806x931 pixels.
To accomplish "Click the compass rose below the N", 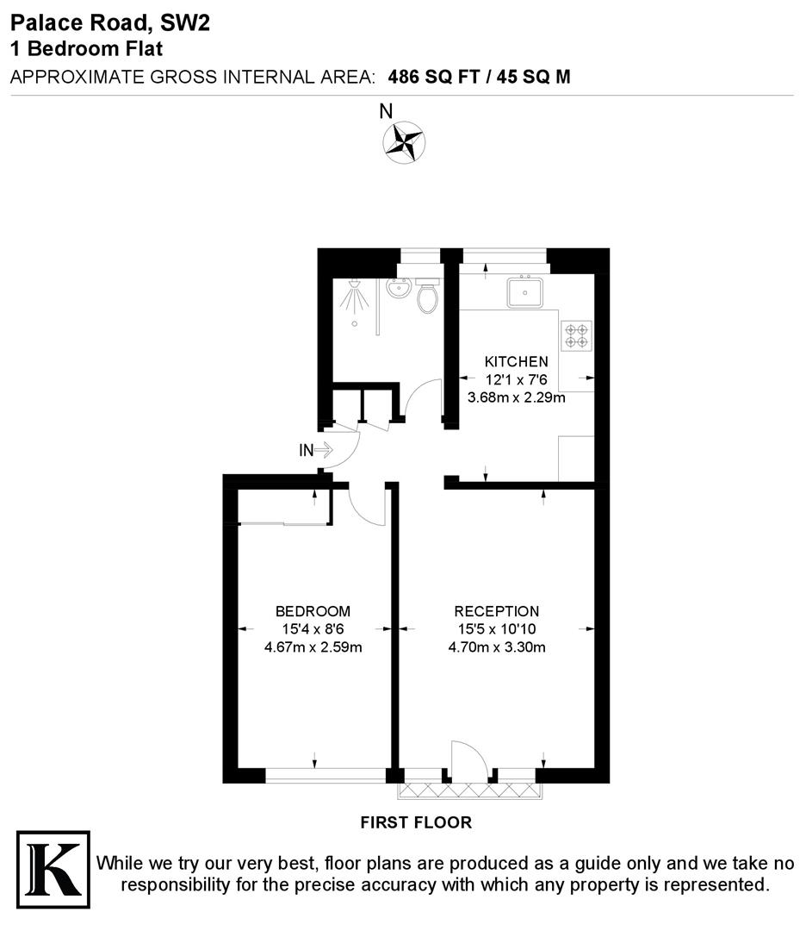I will (403, 142).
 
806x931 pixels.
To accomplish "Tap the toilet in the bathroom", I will (427, 297).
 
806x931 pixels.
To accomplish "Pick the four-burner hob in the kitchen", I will (577, 335).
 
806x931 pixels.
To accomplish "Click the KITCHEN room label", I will (516, 361).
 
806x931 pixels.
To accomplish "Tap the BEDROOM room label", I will (313, 611).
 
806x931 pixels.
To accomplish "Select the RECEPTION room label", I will (497, 611).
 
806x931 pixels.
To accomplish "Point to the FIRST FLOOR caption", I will (416, 822).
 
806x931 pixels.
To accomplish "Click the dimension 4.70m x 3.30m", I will (497, 647).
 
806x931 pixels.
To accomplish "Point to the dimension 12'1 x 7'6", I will (516, 379).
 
